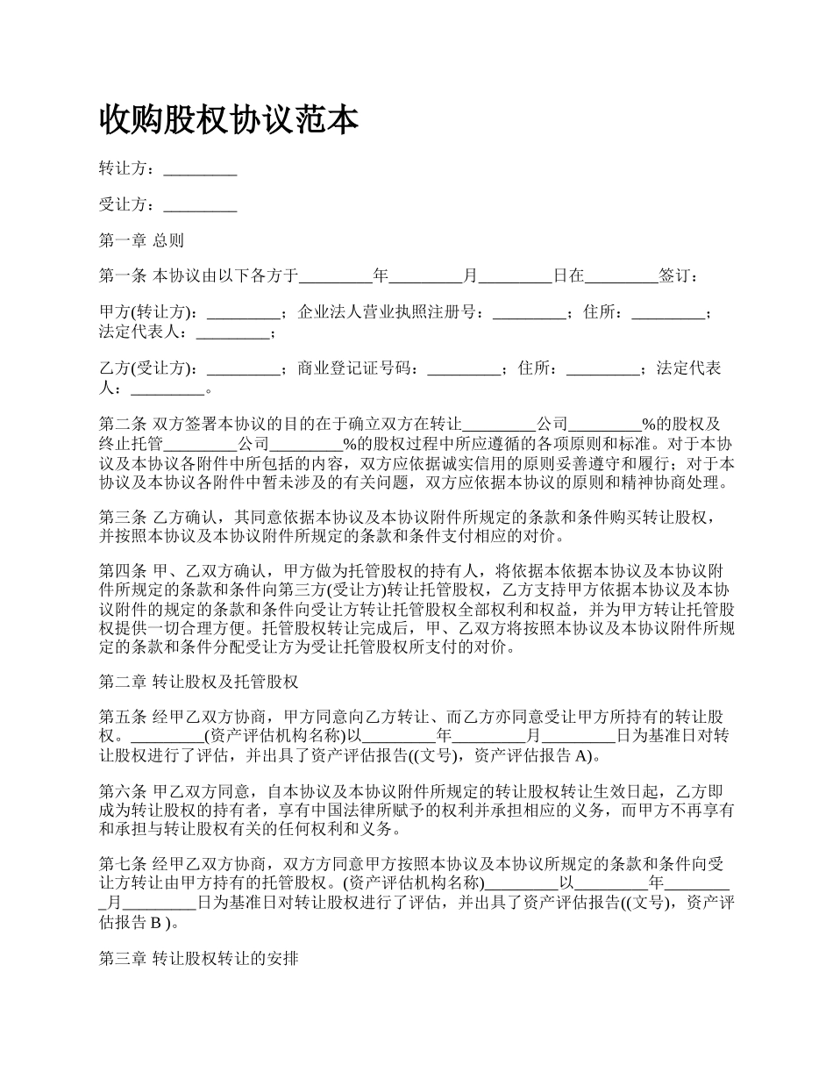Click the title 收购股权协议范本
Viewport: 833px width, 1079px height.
(x=229, y=119)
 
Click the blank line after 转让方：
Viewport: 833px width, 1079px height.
(x=200, y=170)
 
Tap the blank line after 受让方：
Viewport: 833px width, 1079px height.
(x=200, y=205)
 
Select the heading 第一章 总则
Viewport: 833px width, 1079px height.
(x=141, y=240)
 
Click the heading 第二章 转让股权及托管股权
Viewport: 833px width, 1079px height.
(x=200, y=682)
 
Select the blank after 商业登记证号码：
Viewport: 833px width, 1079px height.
(x=463, y=369)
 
